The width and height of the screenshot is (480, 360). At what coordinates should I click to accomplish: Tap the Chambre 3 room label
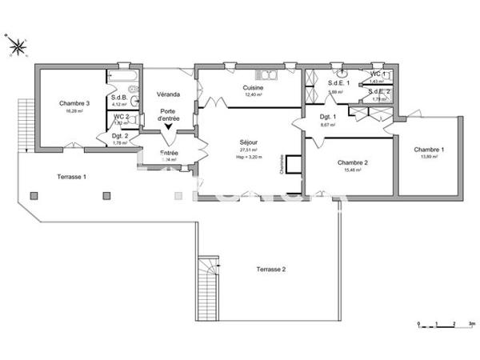tap(74, 103)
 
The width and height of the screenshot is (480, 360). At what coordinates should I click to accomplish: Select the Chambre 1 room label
tap(429, 150)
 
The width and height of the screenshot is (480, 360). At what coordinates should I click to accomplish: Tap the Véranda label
tap(168, 94)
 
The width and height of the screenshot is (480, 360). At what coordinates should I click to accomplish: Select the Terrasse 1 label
tap(71, 176)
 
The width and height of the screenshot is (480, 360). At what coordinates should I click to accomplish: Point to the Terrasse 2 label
tap(271, 270)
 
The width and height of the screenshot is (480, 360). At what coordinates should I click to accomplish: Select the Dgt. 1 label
tap(327, 117)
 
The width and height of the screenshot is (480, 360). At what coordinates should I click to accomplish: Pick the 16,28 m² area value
tap(74, 111)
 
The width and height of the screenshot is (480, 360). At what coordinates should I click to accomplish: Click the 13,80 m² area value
tap(429, 158)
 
